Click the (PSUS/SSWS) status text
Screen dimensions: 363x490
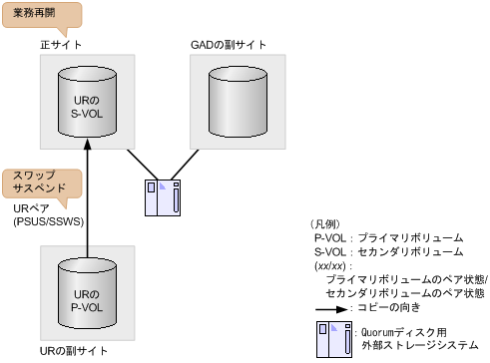tap(46, 220)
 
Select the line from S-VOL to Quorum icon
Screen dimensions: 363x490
tap(138, 165)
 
